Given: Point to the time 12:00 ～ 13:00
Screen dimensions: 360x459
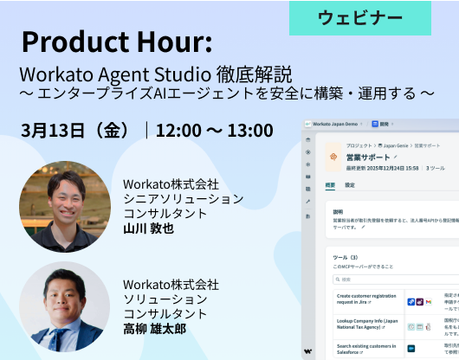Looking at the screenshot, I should coord(215,131).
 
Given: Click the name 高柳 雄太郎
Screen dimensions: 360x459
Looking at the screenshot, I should coord(154,329).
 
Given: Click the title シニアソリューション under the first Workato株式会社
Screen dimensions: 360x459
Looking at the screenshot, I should coord(184,199).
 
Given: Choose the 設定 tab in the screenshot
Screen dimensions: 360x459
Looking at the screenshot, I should coord(350,185).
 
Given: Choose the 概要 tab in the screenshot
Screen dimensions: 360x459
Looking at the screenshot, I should coord(331,185).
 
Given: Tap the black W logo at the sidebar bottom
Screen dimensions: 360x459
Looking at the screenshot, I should coord(308,350).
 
